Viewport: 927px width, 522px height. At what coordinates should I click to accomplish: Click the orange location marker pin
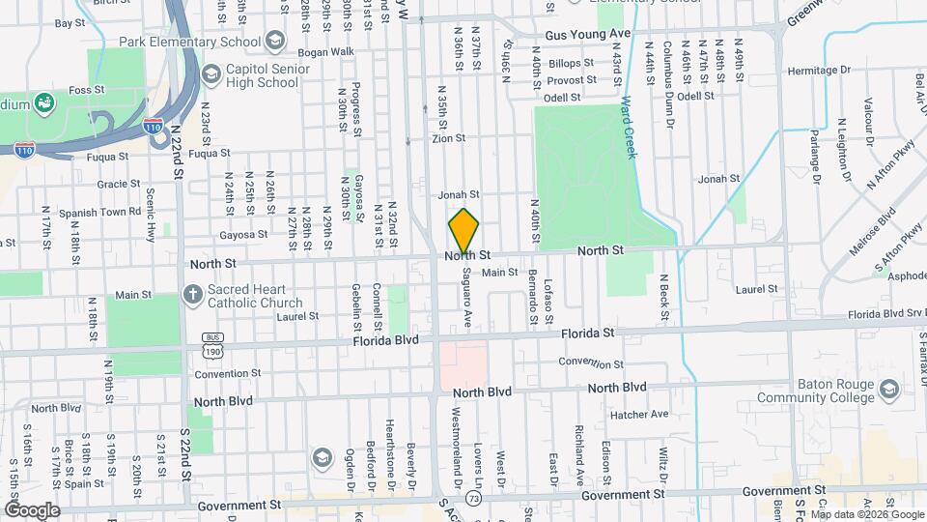463,230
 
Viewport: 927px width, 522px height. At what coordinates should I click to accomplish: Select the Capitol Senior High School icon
210,75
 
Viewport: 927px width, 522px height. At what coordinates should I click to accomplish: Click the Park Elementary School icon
276,42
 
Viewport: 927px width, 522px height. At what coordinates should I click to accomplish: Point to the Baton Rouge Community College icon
889,390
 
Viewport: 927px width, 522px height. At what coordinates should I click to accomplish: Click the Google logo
31,510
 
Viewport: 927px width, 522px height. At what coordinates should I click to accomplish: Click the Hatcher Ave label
639,415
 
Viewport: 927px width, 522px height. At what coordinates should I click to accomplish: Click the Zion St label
448,138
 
